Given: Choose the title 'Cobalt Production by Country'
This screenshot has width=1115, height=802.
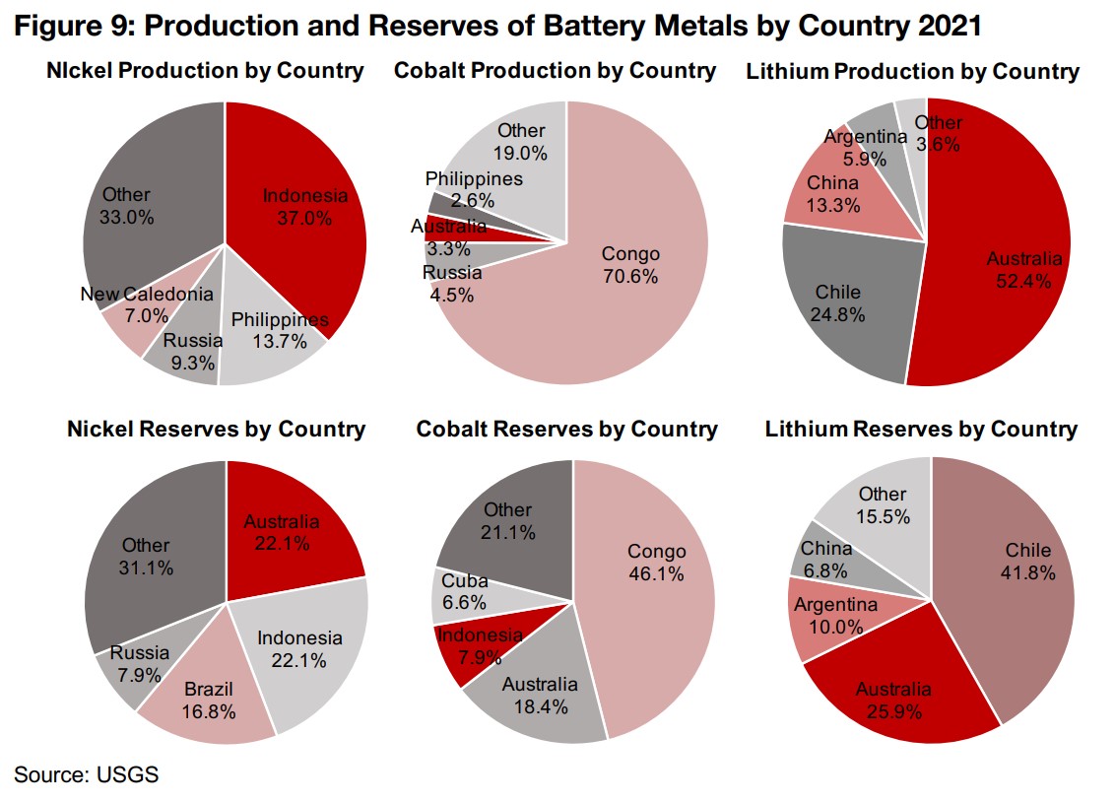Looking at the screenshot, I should [555, 71].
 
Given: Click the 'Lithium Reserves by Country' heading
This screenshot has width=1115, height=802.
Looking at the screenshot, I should [921, 430].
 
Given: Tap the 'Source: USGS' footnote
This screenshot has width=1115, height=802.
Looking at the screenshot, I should [87, 774].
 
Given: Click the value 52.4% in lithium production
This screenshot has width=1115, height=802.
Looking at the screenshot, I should [1024, 281].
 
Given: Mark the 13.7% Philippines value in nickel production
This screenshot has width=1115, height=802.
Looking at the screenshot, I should [279, 342].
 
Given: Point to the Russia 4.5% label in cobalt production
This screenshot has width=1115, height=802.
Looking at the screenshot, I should [452, 283].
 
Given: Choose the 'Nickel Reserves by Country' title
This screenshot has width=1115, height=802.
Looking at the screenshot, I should [216, 430].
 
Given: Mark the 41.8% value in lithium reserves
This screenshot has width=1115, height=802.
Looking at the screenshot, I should [1028, 572].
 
